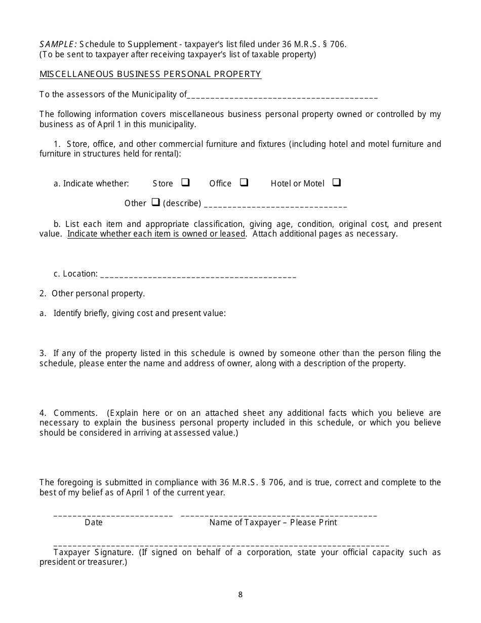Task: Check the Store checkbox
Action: pos(185,182)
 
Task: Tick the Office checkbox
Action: pos(244,182)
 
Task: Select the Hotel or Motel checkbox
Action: pos(337,182)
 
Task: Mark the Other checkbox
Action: pos(156,202)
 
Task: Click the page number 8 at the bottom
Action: pos(240,595)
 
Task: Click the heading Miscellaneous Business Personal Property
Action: pos(150,74)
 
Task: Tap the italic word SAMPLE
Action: pos(58,44)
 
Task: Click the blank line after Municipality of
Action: pos(283,97)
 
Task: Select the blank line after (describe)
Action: pos(275,206)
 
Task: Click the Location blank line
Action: pos(198,276)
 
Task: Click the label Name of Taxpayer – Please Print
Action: pos(273,523)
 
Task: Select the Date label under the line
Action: pos(94,523)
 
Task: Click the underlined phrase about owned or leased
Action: pos(156,234)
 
